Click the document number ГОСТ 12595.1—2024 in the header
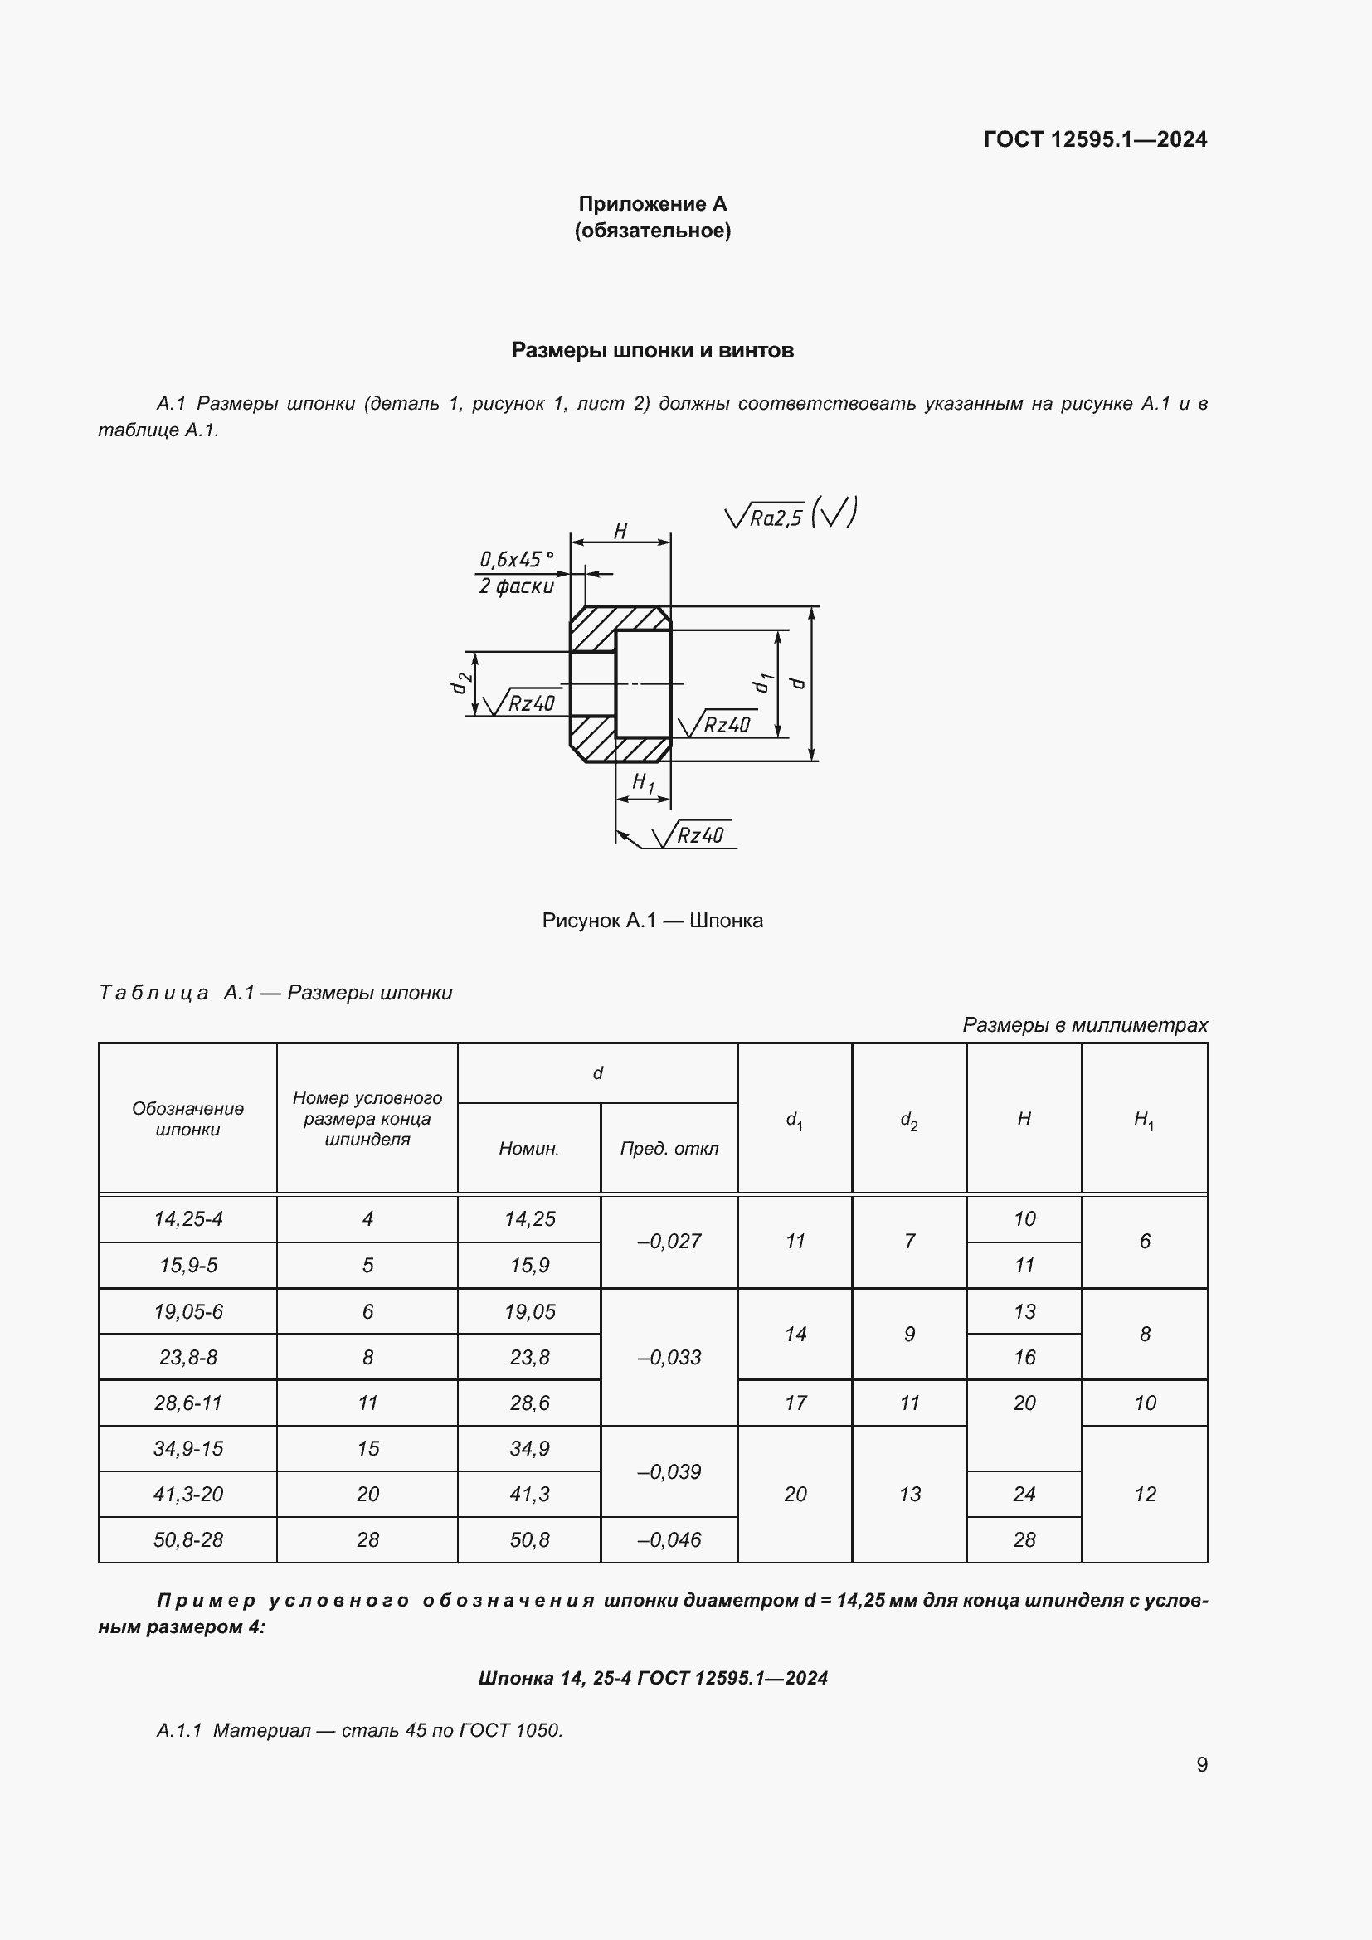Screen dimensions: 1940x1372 (x=1095, y=139)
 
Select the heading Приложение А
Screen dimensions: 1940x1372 (x=652, y=204)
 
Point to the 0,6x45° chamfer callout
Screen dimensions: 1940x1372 (x=516, y=559)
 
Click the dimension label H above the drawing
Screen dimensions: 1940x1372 (x=620, y=532)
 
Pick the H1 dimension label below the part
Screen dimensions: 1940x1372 (x=643, y=783)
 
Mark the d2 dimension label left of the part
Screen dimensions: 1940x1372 (x=459, y=683)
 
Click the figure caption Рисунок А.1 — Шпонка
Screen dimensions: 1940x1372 (x=652, y=920)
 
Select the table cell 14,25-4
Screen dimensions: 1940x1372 (x=187, y=1218)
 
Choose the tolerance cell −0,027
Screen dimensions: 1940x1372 (x=669, y=1242)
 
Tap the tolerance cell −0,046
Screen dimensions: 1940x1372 (x=669, y=1539)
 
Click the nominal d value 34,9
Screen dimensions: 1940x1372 (x=530, y=1448)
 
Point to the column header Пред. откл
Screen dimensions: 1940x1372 (x=669, y=1148)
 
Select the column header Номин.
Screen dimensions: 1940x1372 (x=529, y=1148)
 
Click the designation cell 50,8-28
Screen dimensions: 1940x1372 (x=187, y=1539)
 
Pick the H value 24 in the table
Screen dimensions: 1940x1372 (x=1024, y=1494)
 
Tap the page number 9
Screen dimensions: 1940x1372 (x=1201, y=1764)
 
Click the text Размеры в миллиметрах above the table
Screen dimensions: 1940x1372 (x=1085, y=1025)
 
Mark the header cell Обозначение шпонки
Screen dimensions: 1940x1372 (x=187, y=1119)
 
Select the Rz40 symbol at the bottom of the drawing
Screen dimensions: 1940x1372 (x=698, y=836)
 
